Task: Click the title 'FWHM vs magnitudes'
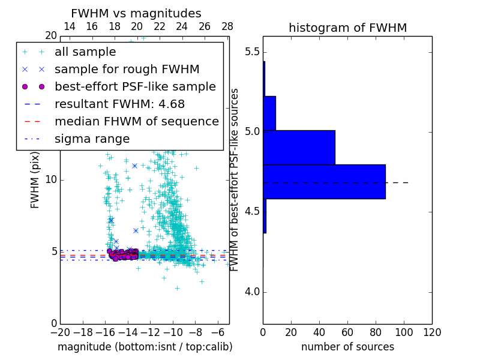136,13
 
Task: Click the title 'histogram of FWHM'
347,28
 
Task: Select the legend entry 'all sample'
85,52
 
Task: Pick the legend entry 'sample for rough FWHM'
127,70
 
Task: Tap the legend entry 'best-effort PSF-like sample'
135,86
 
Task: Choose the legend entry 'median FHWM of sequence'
136,121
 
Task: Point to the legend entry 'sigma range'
92,139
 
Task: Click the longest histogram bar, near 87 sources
324,181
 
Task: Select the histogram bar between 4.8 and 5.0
299,147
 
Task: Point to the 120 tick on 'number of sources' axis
432,332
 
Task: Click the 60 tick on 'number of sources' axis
347,332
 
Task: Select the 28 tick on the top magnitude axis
227,26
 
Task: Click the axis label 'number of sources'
347,347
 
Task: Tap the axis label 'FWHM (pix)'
35,185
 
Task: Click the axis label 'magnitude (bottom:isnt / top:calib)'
145,347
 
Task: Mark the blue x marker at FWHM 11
134,166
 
